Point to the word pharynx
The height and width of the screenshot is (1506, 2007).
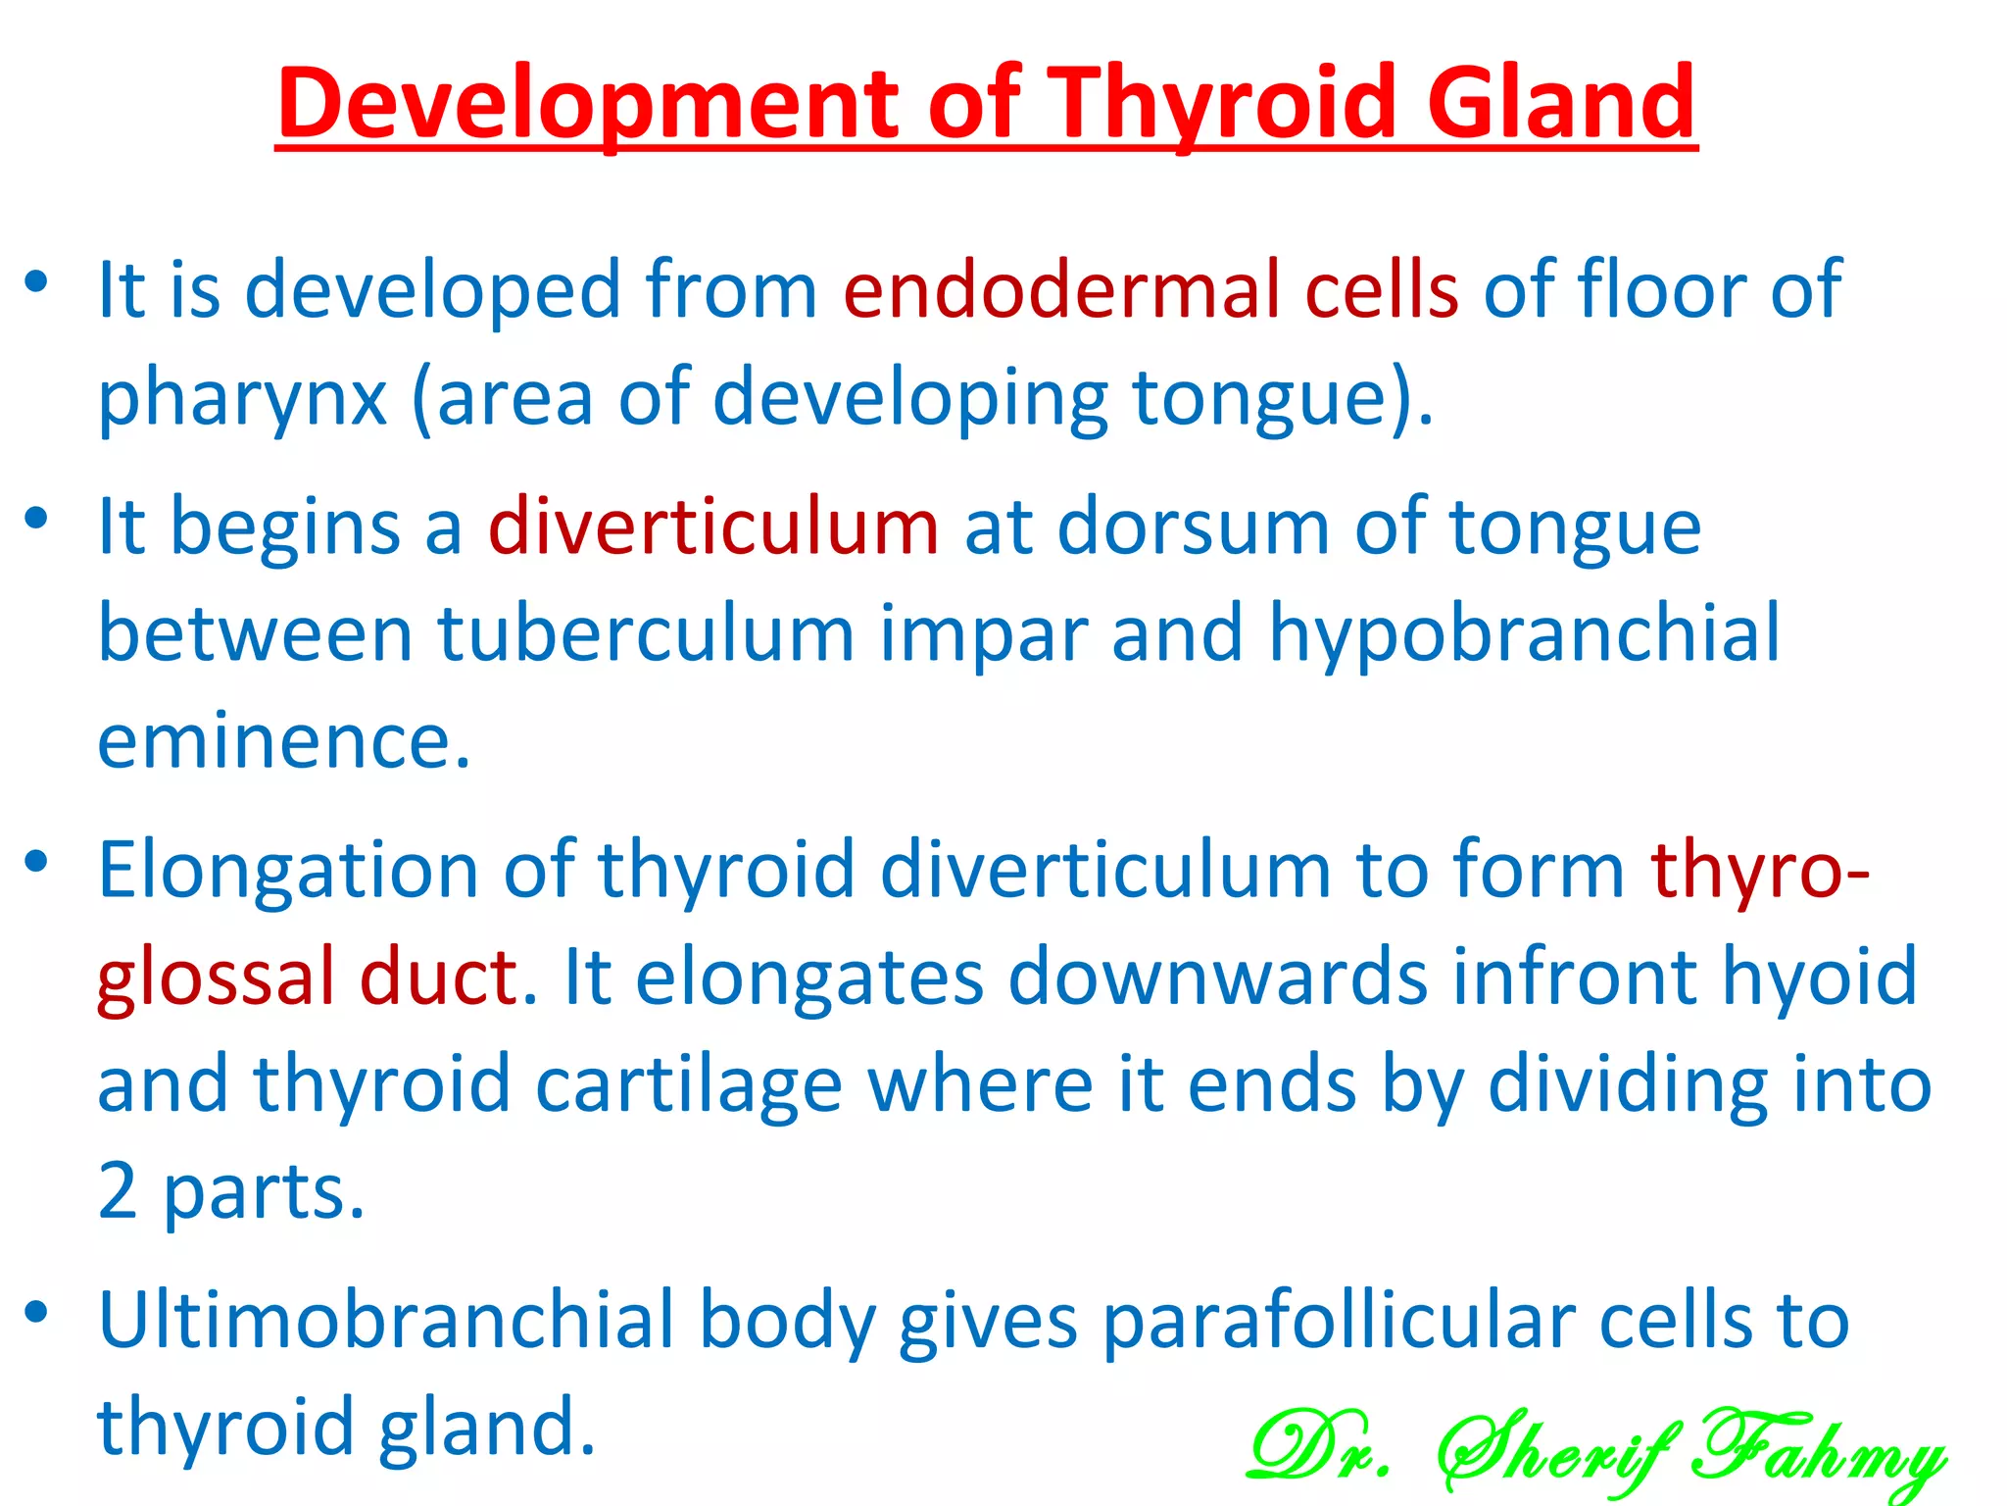coord(242,399)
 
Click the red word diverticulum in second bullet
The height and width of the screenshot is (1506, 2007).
coord(713,527)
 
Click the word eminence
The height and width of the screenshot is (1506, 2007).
coord(284,741)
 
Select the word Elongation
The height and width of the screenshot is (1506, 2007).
coord(288,871)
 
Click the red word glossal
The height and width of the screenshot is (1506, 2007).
coord(216,978)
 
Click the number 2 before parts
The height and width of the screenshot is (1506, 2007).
coord(118,1191)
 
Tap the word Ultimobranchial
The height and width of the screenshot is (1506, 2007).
coord(387,1321)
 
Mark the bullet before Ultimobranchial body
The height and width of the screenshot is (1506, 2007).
coord(36,1313)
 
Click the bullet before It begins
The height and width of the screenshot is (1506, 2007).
coord(36,519)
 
